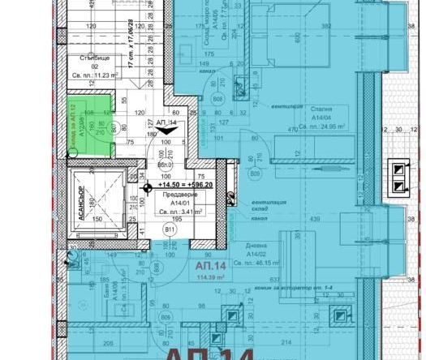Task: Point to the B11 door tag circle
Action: tap(171, 230)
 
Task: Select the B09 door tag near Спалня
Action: tap(255, 173)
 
